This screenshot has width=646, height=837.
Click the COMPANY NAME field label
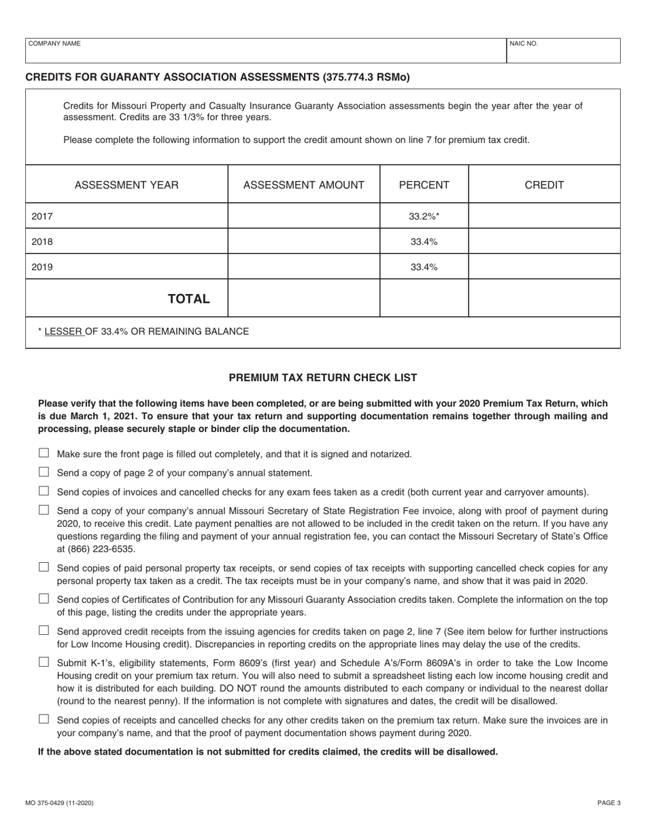(54, 44)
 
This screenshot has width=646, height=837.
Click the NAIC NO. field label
(524, 44)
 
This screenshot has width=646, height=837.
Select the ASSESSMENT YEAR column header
(126, 185)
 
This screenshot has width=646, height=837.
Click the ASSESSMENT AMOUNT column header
(303, 185)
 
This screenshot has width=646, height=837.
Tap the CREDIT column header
(544, 185)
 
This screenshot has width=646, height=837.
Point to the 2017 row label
(42, 216)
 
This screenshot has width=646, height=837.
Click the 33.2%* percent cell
(424, 216)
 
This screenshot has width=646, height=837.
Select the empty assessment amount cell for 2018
(303, 242)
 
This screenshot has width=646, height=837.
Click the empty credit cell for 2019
(544, 267)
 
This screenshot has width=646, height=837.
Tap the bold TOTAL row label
(188, 299)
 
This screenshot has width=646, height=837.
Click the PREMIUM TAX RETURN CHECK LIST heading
(322, 378)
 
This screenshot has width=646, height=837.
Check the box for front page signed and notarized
(44, 453)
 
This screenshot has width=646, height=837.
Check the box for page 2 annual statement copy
(44, 472)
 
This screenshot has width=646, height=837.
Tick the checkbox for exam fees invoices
(44, 491)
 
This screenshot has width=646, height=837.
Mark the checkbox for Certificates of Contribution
(44, 599)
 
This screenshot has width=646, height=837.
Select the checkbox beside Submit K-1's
(44, 661)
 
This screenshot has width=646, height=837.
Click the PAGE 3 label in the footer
(609, 803)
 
